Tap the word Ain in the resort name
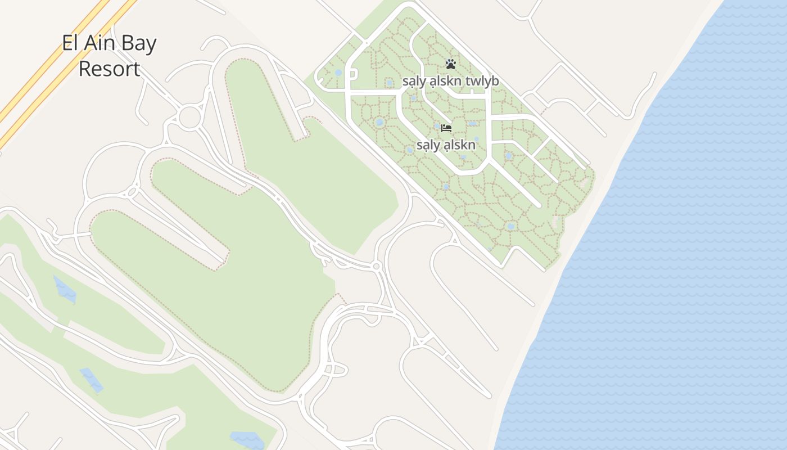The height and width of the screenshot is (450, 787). tap(100, 44)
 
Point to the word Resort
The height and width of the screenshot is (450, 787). tap(109, 69)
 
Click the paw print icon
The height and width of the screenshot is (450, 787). tap(450, 64)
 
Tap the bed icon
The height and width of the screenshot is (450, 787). tap(446, 128)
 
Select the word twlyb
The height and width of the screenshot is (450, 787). tap(483, 82)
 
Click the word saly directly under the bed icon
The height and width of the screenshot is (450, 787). tap(427, 145)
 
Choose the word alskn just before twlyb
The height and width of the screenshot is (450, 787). tap(446, 82)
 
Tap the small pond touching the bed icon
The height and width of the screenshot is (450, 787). tap(437, 127)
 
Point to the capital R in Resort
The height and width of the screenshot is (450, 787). tap(84, 69)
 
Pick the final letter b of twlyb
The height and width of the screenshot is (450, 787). tap(495, 82)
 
